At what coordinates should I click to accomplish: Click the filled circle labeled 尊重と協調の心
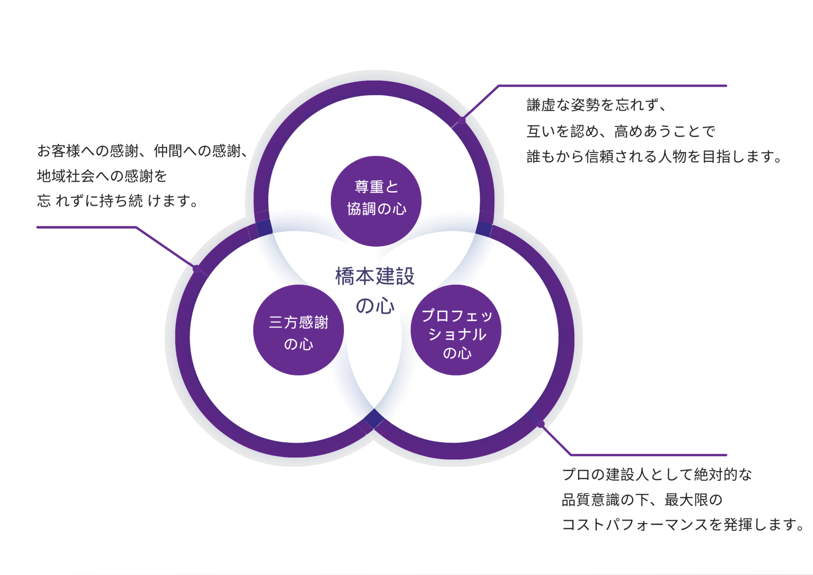(376, 201)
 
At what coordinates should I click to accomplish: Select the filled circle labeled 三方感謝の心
(298, 330)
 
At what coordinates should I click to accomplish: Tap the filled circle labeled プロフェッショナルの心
(456, 330)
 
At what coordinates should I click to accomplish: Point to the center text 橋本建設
(375, 276)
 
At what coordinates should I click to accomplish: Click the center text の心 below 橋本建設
(375, 306)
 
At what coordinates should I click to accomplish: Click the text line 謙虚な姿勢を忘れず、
(597, 105)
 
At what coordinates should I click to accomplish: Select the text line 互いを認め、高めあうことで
(620, 131)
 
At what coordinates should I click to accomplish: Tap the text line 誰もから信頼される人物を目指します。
(654, 157)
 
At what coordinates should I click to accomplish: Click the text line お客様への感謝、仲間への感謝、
(143, 150)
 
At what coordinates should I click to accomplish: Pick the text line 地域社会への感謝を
(102, 176)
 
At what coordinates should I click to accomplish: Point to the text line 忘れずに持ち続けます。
(118, 201)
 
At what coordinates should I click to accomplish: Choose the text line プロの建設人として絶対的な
(657, 474)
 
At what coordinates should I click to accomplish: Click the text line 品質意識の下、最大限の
(642, 500)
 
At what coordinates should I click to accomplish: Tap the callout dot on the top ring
(462, 120)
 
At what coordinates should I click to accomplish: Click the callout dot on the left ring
(196, 268)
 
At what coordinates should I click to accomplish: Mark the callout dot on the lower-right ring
(541, 424)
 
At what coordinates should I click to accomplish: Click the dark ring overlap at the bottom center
(374, 419)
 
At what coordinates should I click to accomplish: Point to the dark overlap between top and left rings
(265, 228)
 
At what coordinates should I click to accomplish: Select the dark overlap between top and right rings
(484, 229)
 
